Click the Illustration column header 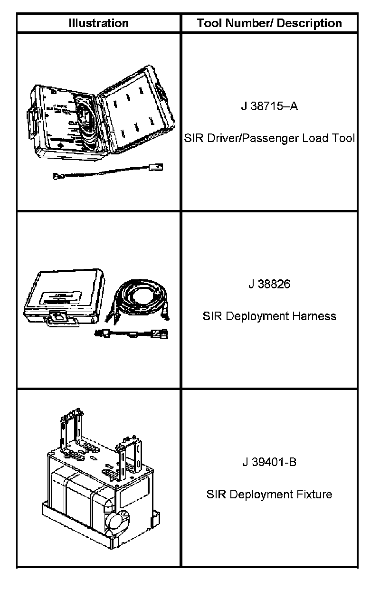click(98, 23)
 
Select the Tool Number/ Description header click(269, 23)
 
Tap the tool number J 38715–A click(269, 106)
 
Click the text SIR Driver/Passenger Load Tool click(269, 138)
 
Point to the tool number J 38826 click(269, 284)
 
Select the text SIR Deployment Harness click(269, 316)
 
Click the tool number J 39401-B click(269, 462)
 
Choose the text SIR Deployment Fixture click(269, 494)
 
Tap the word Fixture click(314, 494)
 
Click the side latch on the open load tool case click(30, 116)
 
